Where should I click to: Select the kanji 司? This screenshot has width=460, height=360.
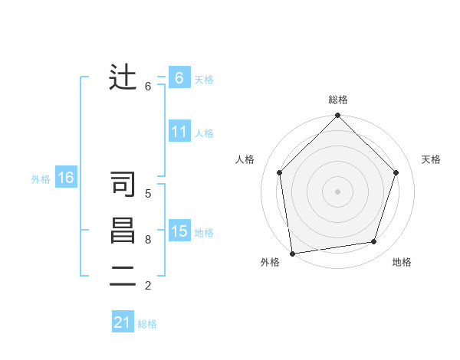pos(123,185)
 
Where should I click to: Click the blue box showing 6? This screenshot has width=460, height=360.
pos(179,77)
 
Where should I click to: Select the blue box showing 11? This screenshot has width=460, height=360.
pos(179,132)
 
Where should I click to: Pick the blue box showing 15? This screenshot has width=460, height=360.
pos(179,231)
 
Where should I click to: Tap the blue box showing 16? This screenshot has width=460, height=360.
pos(65,178)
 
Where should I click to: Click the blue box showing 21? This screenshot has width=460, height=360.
pos(123,322)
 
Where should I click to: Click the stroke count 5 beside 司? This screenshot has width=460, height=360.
pos(148,194)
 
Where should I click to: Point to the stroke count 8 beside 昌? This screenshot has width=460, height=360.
pos(148,240)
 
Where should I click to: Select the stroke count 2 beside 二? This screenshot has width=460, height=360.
pos(148,286)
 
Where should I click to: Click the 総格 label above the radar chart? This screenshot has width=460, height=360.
pos(337,100)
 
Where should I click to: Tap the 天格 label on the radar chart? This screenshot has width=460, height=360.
pos(431,159)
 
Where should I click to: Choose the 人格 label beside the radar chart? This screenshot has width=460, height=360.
pos(245,159)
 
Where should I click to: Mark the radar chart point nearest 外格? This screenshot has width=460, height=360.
pos(292,253)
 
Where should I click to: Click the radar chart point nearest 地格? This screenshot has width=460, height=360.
pos(374,242)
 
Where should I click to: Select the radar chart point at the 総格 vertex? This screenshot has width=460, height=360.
pos(337,116)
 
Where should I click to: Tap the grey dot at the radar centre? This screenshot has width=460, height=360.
pos(337,191)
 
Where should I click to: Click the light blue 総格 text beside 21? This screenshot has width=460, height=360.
pos(147,324)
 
